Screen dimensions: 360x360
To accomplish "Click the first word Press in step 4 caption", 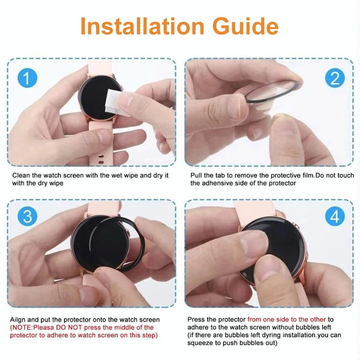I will pos(197,320).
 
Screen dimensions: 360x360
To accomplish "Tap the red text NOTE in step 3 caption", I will pos(25,328).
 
